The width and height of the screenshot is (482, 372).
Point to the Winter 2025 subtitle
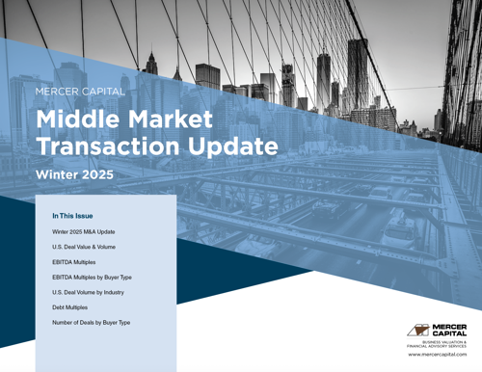[x=74, y=175]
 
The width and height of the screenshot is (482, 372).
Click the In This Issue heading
[x=72, y=216]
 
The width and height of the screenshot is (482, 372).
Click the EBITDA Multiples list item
[x=73, y=262]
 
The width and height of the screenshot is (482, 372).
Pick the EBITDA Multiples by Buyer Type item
[x=92, y=277]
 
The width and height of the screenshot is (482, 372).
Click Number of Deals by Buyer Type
[x=91, y=322]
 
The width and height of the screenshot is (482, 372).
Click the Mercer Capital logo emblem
[x=419, y=330]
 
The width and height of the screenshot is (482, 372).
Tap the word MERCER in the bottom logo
[x=450, y=326]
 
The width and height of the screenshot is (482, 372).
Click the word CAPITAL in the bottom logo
[x=450, y=333]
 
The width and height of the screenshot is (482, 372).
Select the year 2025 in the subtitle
[x=96, y=175]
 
